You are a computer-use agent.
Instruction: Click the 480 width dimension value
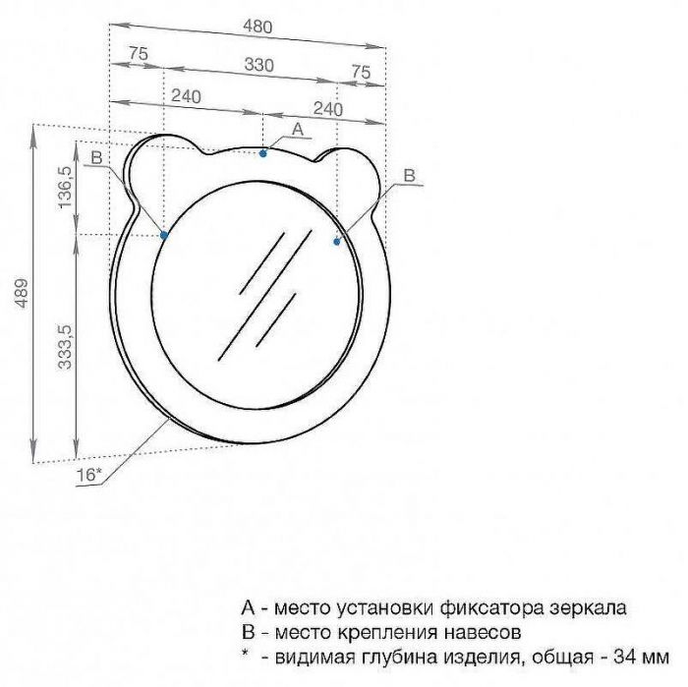[258, 27]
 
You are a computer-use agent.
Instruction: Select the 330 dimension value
[258, 65]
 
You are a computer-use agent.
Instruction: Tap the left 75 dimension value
[139, 54]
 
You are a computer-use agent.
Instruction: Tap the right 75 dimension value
[361, 72]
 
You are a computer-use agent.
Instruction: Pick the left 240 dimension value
[186, 96]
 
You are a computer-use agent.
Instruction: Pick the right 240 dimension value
[327, 109]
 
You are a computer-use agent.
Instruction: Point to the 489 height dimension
[21, 293]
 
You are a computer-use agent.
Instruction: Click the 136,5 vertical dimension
[65, 188]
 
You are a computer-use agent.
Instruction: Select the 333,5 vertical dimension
[65, 347]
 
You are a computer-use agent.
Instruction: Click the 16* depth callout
[88, 475]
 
